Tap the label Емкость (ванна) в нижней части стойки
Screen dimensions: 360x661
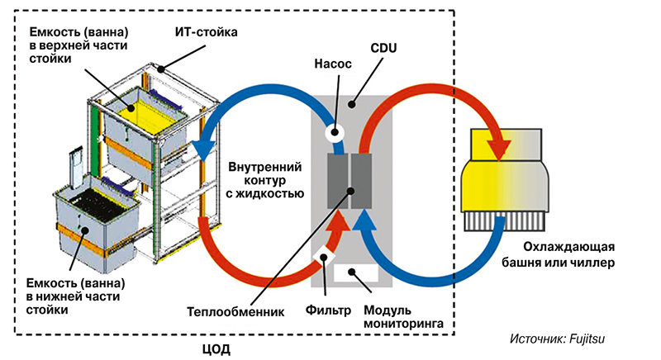(62, 296)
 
